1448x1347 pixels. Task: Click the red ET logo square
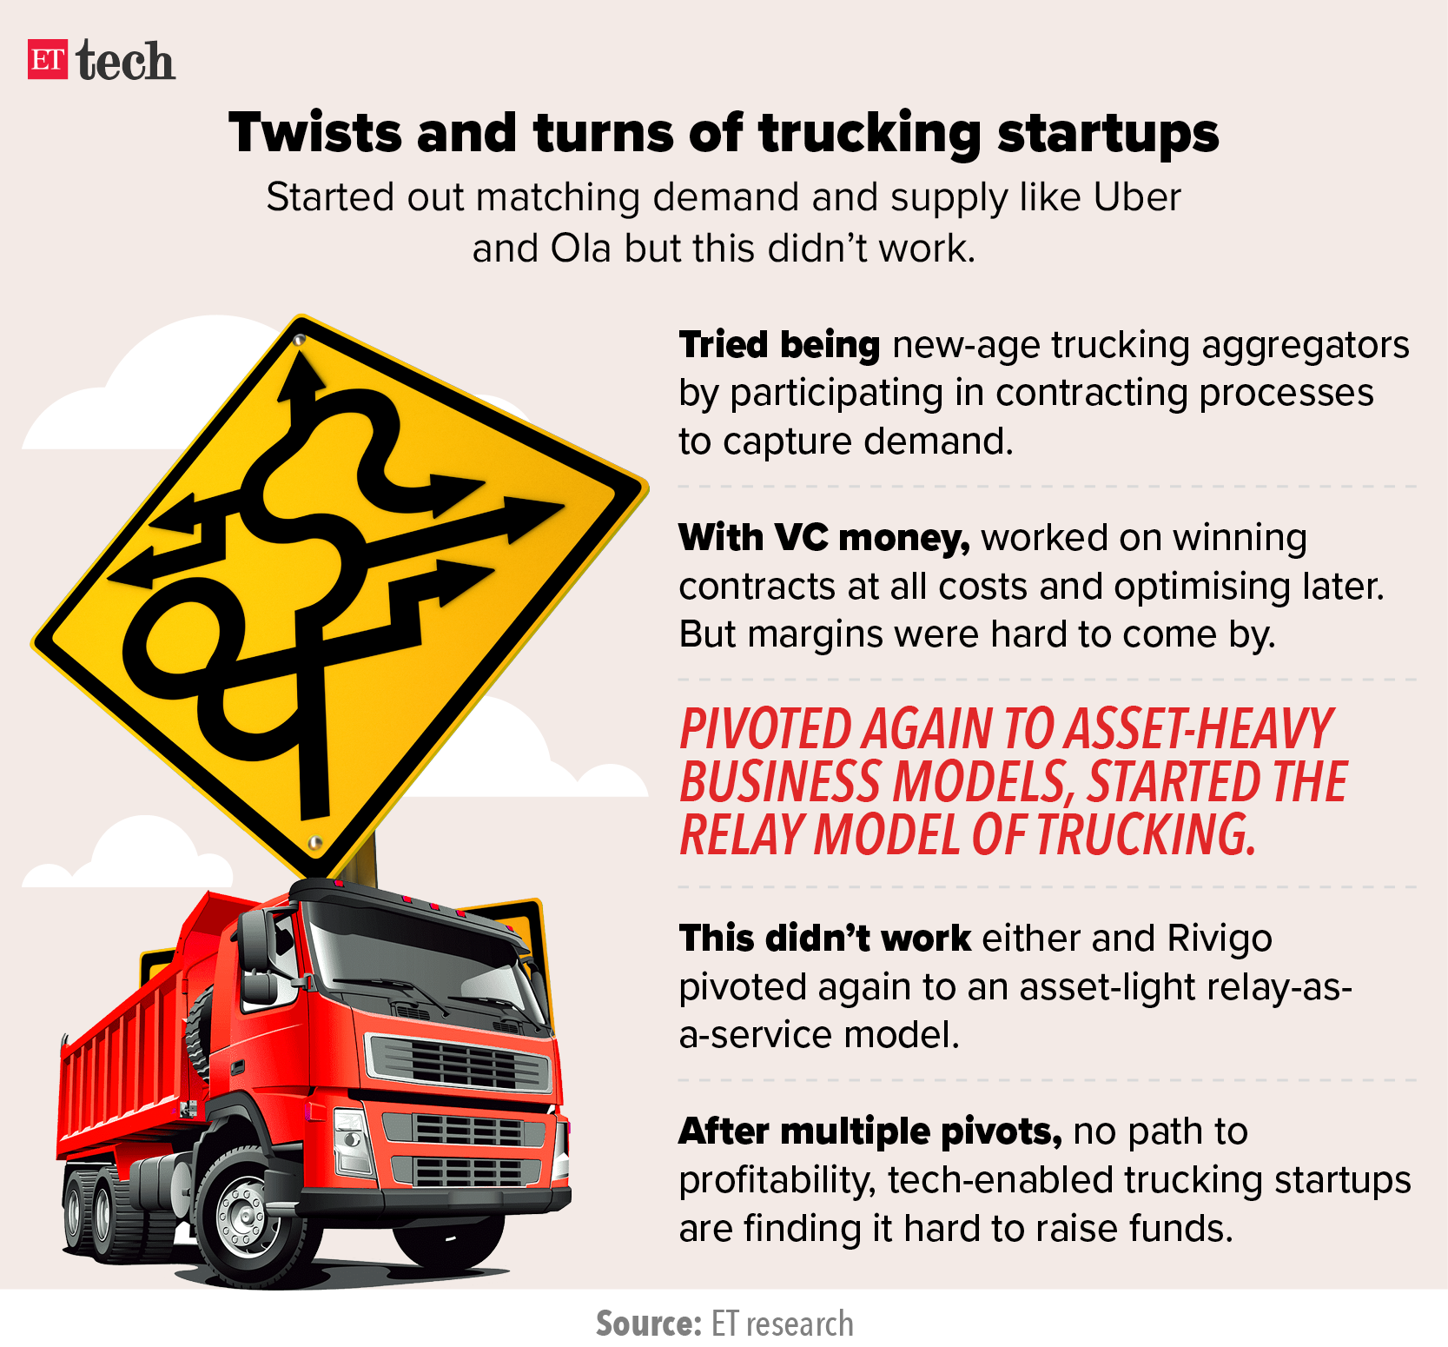[48, 59]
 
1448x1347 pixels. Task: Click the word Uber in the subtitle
[1136, 197]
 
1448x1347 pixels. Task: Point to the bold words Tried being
[779, 345]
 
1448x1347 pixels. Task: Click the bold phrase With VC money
[824, 538]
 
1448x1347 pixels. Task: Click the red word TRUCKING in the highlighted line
[1147, 834]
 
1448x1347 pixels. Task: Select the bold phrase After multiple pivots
[870, 1132]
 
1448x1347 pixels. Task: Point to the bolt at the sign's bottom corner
[315, 842]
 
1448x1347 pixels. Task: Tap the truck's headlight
[352, 1139]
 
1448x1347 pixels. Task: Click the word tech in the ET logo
[125, 61]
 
